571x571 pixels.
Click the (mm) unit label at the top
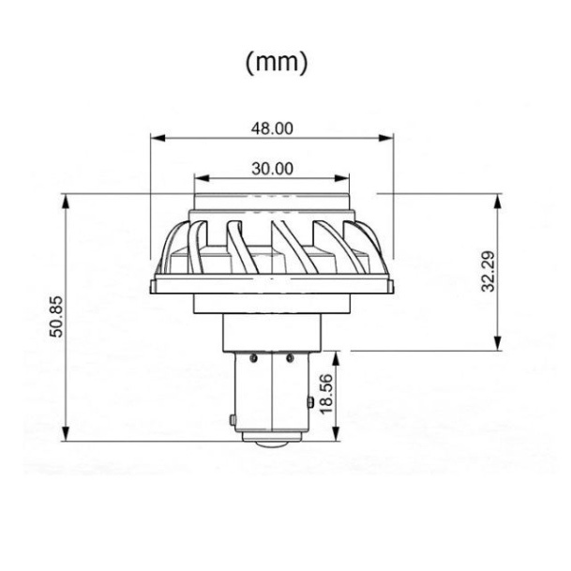coord(277,62)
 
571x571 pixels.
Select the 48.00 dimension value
coord(272,128)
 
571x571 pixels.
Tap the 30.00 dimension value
coord(272,169)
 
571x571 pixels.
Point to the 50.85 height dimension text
coord(57,317)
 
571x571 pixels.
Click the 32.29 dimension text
coord(488,271)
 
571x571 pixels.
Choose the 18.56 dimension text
coord(326,394)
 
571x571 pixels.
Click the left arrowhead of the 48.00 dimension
coord(158,138)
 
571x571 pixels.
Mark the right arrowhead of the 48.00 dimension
coord(386,138)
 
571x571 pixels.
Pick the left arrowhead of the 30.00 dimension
coord(203,178)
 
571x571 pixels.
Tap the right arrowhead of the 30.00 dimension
coord(341,178)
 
